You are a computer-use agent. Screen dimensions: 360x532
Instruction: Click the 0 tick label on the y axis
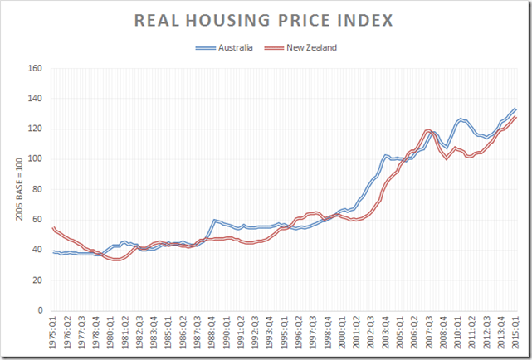point(39,311)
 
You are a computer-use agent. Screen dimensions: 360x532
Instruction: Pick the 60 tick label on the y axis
point(37,220)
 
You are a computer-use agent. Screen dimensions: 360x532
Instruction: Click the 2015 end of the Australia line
point(515,109)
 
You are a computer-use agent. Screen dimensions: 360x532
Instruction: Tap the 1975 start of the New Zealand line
point(53,227)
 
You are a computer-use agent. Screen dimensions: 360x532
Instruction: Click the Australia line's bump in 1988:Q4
point(215,221)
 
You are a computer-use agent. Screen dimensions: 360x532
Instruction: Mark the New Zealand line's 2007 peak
point(428,130)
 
